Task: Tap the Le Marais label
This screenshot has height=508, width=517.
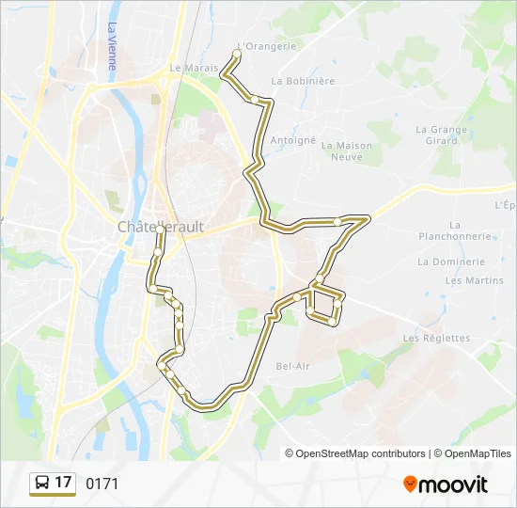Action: pyautogui.click(x=194, y=68)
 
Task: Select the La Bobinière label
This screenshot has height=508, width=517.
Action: pyautogui.click(x=303, y=81)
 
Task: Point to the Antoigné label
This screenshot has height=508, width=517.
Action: pyautogui.click(x=293, y=140)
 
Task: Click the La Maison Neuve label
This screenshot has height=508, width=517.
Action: pyautogui.click(x=347, y=151)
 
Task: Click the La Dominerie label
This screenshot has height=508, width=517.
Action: pyautogui.click(x=451, y=262)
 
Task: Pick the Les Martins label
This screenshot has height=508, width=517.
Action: pyautogui.click(x=474, y=280)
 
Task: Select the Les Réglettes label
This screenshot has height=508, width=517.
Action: pyautogui.click(x=436, y=338)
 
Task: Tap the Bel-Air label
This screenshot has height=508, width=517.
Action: pyautogui.click(x=292, y=365)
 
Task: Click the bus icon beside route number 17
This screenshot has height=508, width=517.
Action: pyautogui.click(x=42, y=484)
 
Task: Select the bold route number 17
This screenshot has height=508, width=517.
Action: pyautogui.click(x=63, y=483)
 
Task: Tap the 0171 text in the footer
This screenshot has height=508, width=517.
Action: pyautogui.click(x=102, y=484)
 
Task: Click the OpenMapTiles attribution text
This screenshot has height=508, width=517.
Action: pyautogui.click(x=472, y=453)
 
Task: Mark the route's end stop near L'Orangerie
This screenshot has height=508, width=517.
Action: pyautogui.click(x=236, y=54)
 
